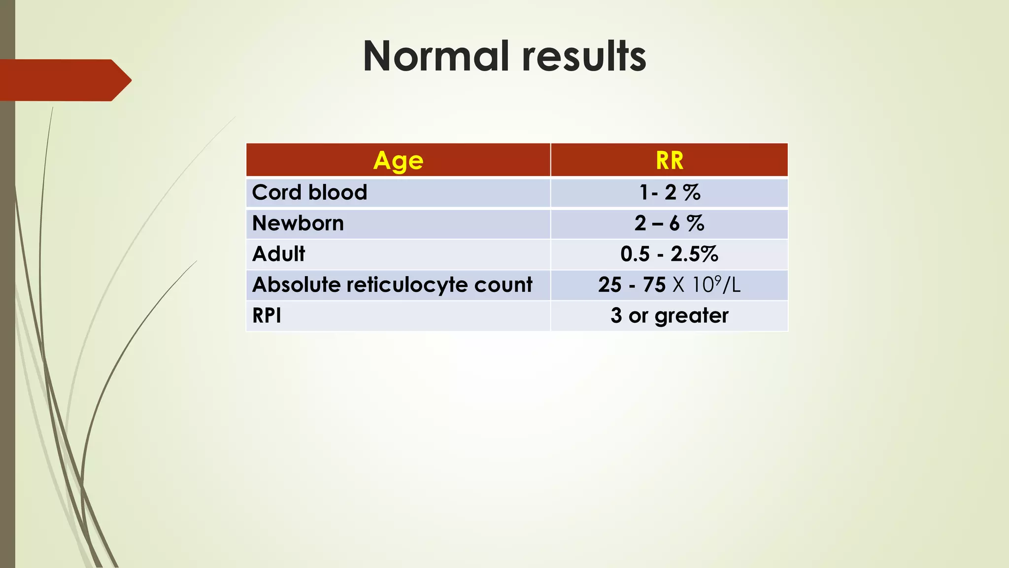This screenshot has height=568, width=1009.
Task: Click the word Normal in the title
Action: tap(436, 56)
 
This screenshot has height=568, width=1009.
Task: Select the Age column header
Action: tap(398, 160)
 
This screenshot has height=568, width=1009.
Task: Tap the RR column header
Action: tap(670, 160)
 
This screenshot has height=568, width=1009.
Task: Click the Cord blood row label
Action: tap(309, 192)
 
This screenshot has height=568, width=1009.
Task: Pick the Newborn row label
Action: tap(298, 223)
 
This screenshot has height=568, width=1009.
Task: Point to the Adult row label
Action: tap(278, 254)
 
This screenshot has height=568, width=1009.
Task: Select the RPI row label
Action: tap(267, 316)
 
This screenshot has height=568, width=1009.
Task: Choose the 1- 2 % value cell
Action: tap(670, 192)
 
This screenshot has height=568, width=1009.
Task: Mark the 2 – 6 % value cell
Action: tap(670, 223)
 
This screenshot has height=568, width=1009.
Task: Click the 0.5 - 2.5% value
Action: tap(670, 254)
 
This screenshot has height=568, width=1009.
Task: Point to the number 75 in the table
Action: tap(654, 285)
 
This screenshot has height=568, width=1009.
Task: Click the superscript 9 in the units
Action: tap(718, 280)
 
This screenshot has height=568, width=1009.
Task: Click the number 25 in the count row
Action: tap(610, 285)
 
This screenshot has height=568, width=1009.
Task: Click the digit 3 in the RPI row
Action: tap(616, 316)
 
